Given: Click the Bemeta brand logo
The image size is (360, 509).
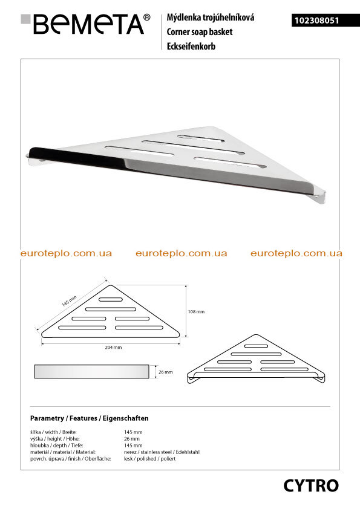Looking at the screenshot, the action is [86, 24].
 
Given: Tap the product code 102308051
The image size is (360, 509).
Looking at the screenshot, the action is [317, 21].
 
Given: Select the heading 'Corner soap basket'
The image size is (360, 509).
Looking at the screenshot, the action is [200, 32].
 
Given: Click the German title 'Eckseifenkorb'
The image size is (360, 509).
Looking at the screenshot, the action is [191, 46].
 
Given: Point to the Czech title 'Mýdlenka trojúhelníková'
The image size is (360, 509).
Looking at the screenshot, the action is [210, 17].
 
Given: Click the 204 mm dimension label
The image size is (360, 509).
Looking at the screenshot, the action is [113, 348].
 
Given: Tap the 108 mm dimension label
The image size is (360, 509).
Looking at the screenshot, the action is [196, 312].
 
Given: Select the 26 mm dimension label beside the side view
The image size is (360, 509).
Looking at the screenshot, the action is [166, 372].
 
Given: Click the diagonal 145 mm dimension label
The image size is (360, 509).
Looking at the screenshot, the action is [69, 301].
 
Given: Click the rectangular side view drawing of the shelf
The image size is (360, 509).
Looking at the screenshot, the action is [91, 371].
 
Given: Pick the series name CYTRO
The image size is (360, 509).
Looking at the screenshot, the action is [311, 485].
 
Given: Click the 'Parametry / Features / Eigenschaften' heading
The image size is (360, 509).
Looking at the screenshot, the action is [90, 418].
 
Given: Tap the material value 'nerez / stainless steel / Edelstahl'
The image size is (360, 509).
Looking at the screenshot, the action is [162, 452].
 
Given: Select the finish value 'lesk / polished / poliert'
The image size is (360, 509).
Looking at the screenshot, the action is [150, 459].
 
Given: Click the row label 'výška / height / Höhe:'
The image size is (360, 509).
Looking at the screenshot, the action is [55, 438].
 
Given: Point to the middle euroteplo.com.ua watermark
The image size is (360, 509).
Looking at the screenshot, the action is [182, 253].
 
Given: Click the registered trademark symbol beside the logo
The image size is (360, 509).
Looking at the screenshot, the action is [147, 17].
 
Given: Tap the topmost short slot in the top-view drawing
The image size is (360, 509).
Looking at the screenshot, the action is [111, 299].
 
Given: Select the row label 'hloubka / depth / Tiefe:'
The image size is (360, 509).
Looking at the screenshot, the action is [56, 446].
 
